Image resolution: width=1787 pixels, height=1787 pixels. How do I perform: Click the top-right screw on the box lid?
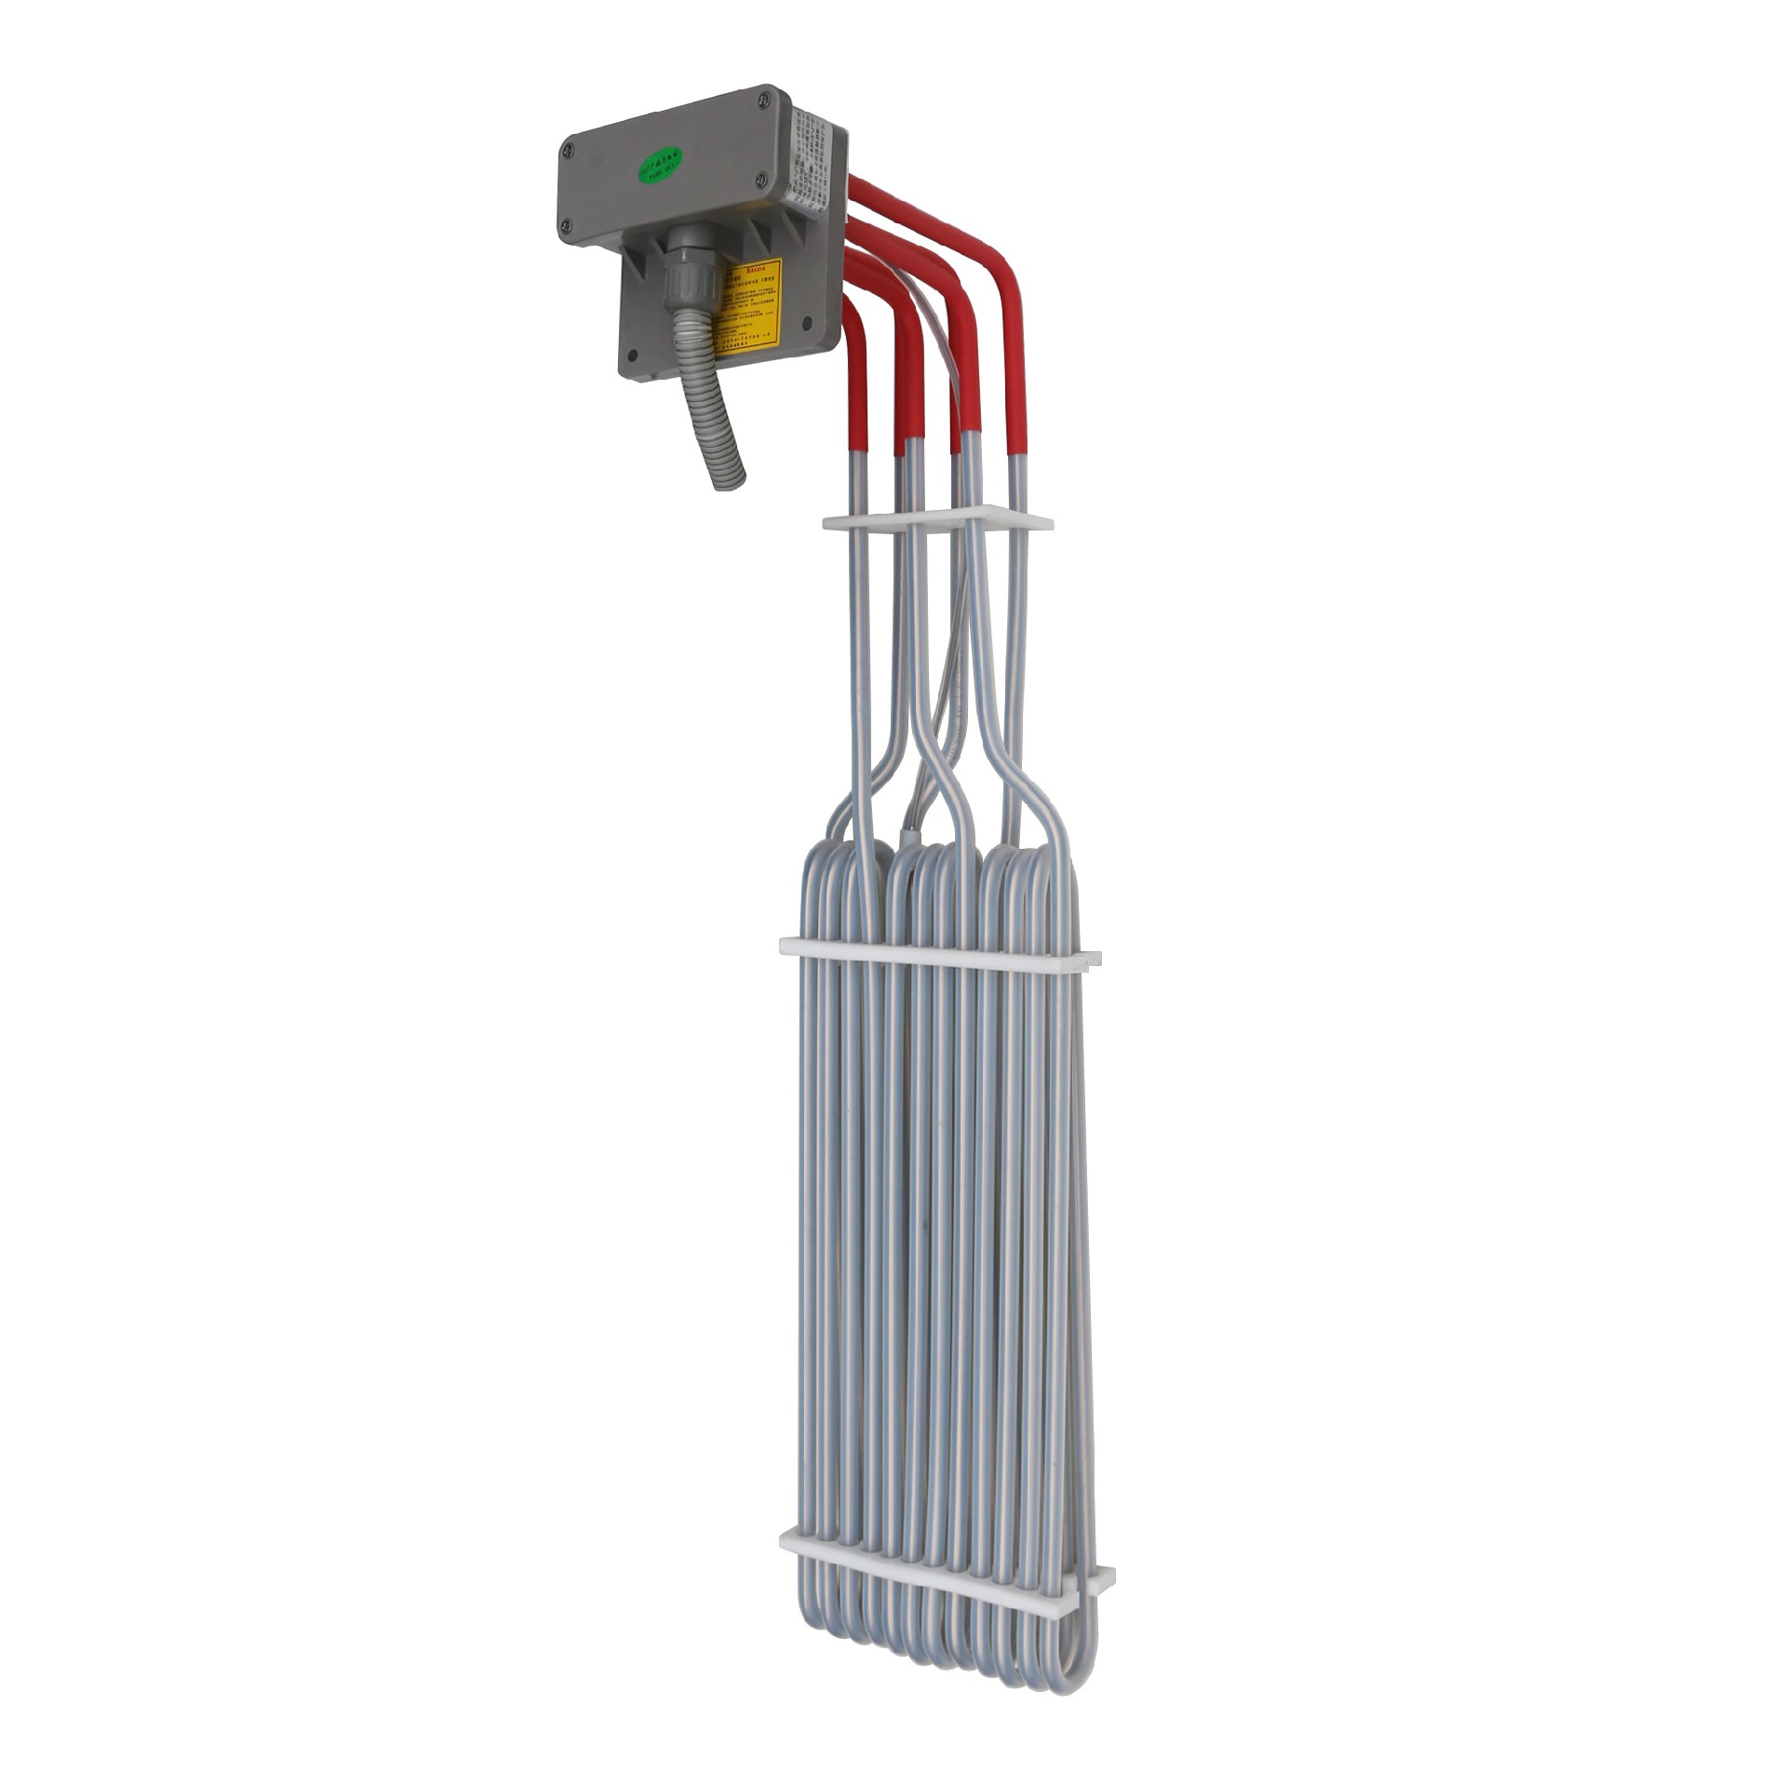tap(763, 95)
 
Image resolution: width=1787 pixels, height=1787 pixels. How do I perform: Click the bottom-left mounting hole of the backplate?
tap(633, 355)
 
